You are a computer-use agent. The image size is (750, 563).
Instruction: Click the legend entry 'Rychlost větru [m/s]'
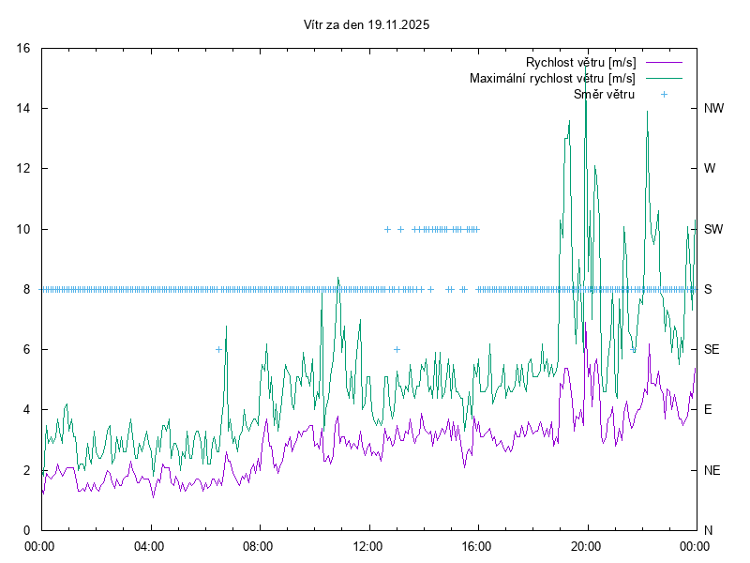coord(580,62)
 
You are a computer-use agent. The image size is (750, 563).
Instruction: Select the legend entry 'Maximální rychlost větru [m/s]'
coord(552,78)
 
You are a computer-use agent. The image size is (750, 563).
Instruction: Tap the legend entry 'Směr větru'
coord(604,94)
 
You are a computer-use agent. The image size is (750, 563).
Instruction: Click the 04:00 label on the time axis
coord(149,545)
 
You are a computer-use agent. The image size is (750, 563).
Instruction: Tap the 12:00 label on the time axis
coord(368,545)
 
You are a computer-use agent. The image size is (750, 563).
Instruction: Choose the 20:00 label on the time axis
coord(587,545)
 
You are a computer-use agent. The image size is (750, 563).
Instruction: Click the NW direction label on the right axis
coord(713,109)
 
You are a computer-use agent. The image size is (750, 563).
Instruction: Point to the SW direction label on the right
coord(713,229)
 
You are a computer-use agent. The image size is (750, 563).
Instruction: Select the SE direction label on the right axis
coord(712,349)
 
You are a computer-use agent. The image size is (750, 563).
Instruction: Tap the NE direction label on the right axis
coord(712,469)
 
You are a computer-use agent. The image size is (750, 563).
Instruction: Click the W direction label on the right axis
coord(710,169)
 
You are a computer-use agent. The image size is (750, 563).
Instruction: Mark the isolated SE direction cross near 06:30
coord(218,349)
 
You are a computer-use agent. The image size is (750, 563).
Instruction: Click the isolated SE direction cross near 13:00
coord(397,349)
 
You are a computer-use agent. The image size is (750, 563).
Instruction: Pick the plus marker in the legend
coord(664,94)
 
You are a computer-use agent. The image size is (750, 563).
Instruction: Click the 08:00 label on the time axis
coord(259,545)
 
